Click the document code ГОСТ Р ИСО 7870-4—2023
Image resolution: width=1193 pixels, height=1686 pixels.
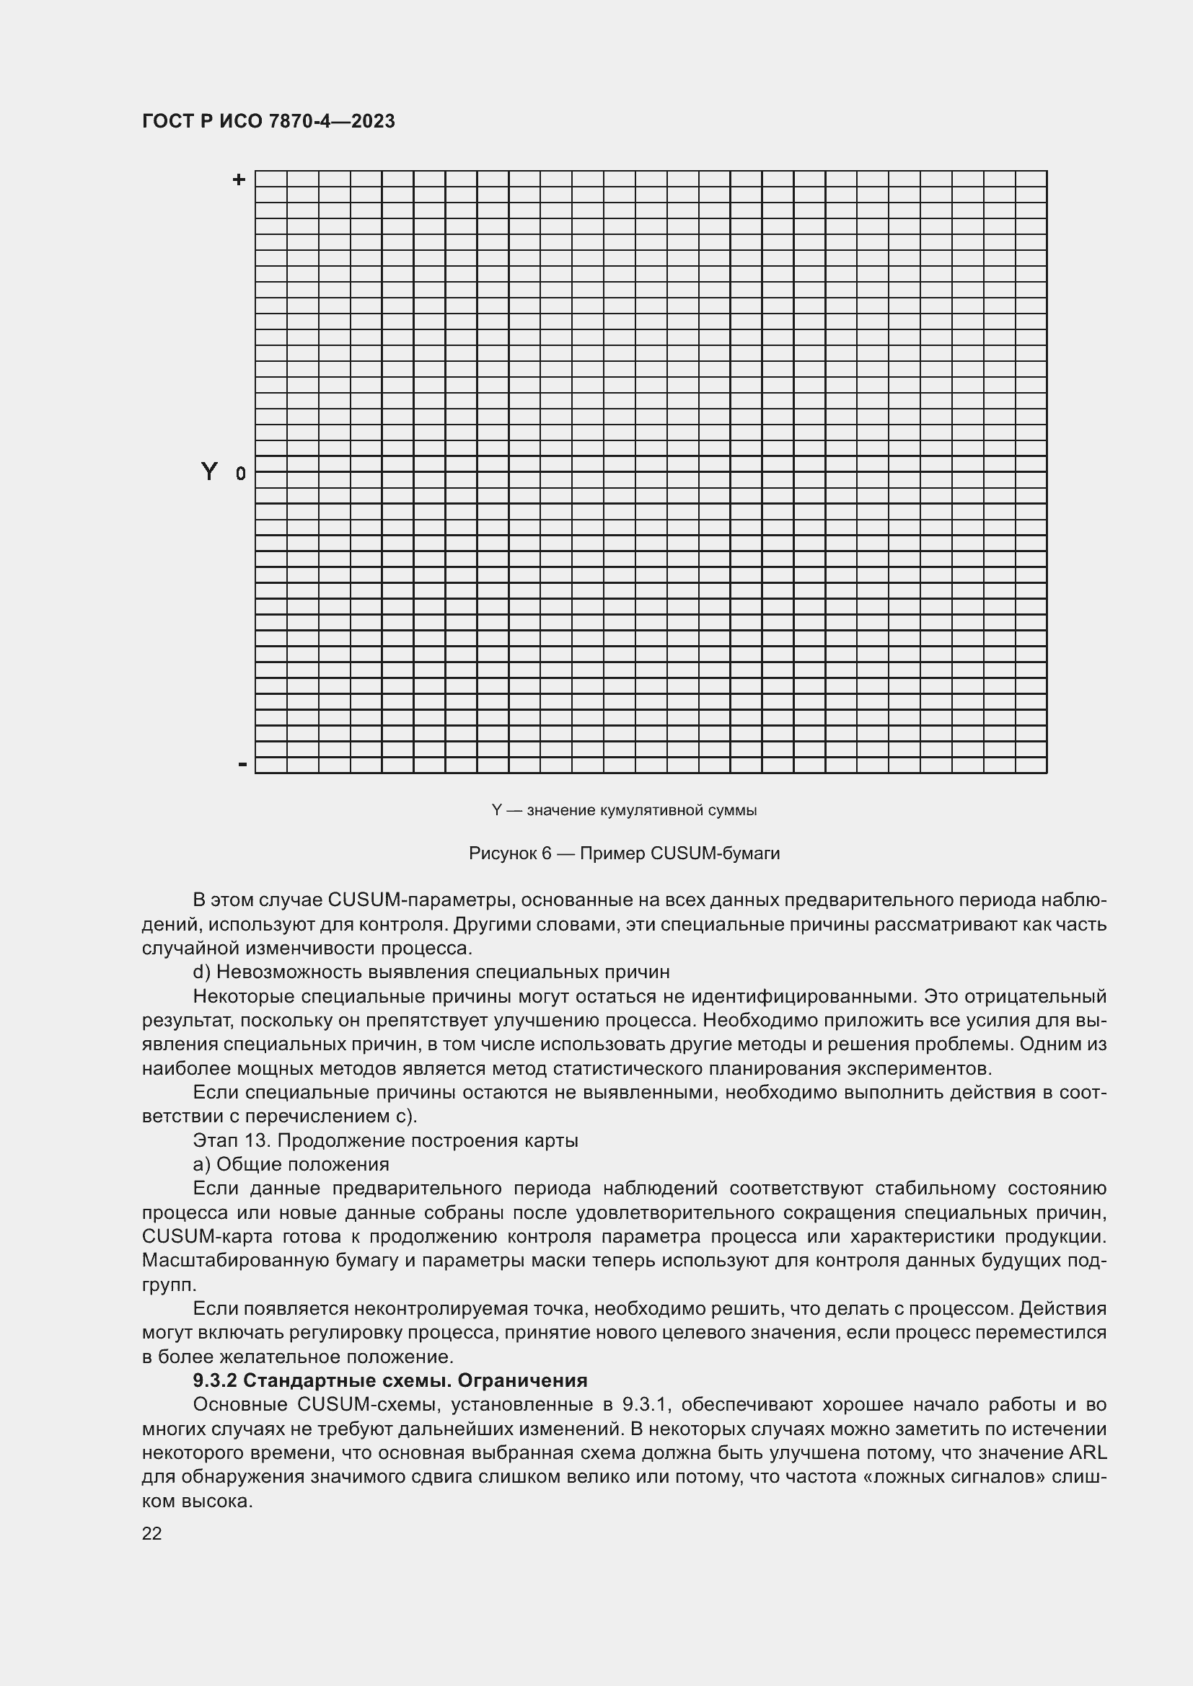coord(268,121)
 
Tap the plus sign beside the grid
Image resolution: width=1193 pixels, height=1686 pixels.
coord(239,179)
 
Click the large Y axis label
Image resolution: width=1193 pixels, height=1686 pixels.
coord(209,471)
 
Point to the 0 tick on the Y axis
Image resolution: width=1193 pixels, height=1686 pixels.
coord(241,474)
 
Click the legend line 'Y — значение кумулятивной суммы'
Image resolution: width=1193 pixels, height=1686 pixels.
coord(624,810)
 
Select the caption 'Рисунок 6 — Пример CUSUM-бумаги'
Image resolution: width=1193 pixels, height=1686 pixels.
coord(624,853)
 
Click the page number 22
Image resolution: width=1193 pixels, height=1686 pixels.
coord(151,1533)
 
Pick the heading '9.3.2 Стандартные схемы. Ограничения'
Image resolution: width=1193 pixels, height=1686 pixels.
coord(389,1380)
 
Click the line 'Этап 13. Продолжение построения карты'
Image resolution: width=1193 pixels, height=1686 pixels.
coord(385,1140)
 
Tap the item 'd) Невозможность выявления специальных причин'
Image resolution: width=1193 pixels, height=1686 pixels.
coord(431,972)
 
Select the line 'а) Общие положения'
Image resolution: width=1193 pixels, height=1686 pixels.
coord(290,1165)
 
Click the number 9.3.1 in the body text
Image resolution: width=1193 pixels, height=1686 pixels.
coord(643,1405)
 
